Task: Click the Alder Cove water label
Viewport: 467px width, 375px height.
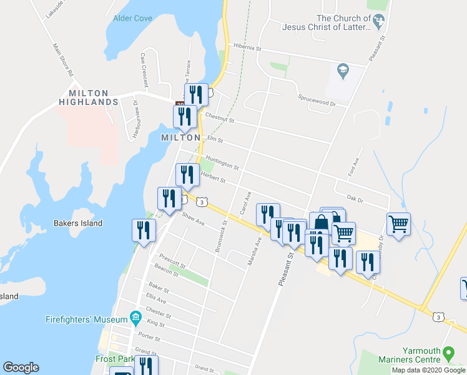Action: (x=132, y=19)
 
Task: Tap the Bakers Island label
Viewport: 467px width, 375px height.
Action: (x=78, y=223)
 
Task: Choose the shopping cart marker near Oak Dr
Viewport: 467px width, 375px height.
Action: (x=398, y=223)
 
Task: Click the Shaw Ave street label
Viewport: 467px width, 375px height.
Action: (x=193, y=219)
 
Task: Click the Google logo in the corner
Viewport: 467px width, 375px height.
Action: (x=21, y=367)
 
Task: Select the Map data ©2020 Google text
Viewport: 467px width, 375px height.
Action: (x=428, y=370)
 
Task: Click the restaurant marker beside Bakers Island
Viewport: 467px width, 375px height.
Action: (x=144, y=231)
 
